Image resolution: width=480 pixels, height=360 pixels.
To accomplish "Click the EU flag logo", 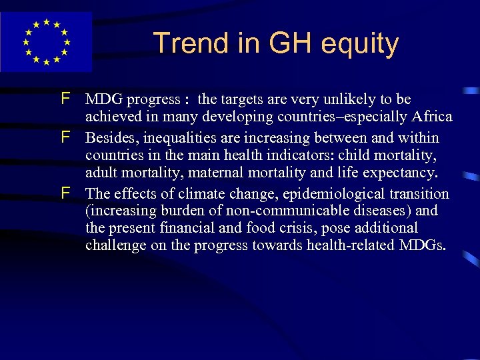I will pos(46,41).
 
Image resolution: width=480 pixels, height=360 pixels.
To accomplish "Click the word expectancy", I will pos(404,173).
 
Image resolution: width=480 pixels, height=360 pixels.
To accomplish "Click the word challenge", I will pos(113,246).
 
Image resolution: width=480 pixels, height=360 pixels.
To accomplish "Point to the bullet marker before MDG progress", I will pos(65,99).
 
